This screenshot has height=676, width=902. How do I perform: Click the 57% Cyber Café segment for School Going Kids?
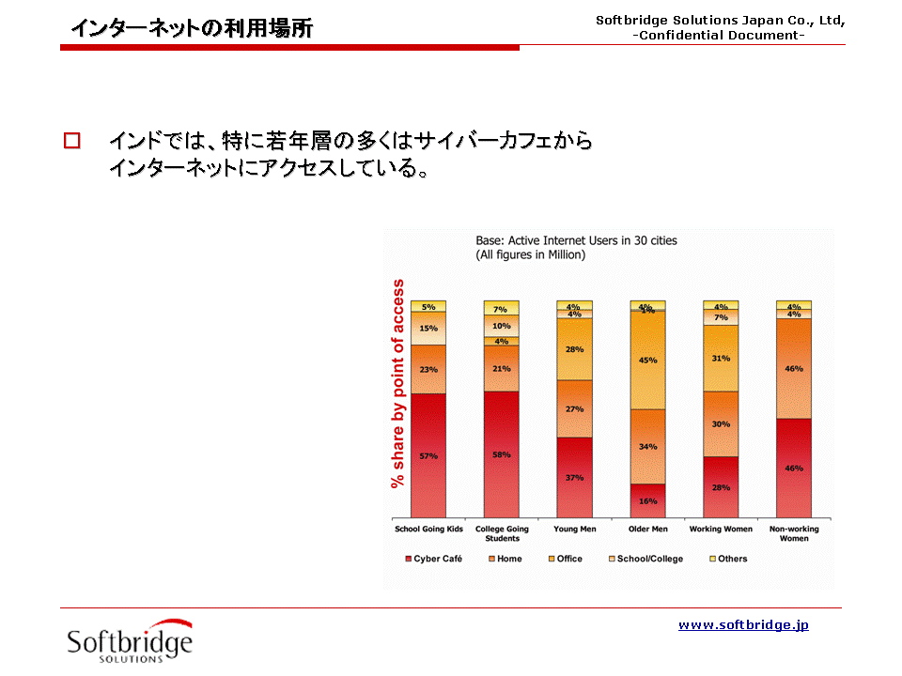tap(428, 455)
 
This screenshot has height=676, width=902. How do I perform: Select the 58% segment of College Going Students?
tap(501, 454)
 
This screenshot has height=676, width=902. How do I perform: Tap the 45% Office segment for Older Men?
tap(647, 360)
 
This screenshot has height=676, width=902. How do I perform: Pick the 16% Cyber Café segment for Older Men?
tap(647, 500)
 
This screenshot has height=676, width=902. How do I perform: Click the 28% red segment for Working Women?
tap(721, 487)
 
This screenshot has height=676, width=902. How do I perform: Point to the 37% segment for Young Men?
tap(574, 477)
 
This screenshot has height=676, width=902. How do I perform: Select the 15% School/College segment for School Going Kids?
tap(428, 329)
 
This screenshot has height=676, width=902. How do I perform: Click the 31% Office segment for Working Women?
tap(721, 358)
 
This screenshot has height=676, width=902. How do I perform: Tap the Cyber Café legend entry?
tap(433, 559)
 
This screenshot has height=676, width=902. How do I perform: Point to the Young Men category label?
tap(574, 530)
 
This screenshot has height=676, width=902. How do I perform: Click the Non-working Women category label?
tap(794, 533)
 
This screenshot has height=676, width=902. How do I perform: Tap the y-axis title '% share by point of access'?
tap(398, 383)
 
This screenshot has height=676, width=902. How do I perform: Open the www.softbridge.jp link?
tap(743, 624)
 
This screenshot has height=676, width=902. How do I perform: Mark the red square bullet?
tap(71, 142)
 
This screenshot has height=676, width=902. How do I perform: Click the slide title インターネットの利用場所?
tap(192, 28)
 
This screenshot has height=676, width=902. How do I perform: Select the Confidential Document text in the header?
tap(719, 35)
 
